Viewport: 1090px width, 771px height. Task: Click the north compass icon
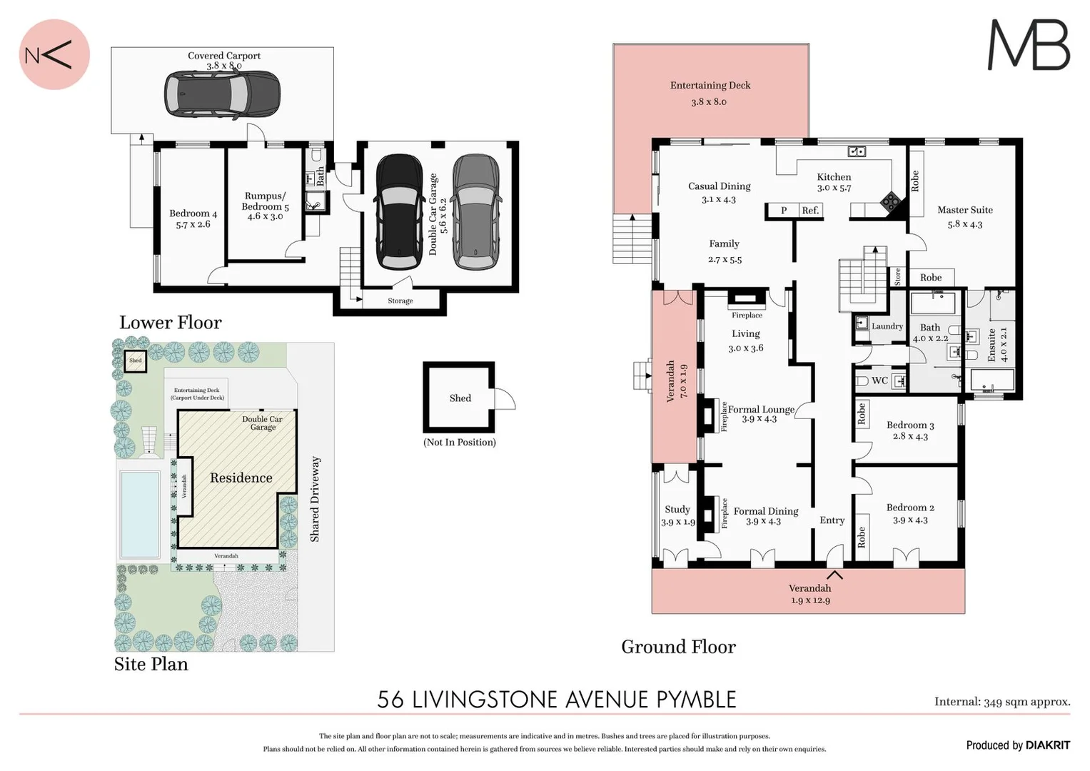tap(54, 55)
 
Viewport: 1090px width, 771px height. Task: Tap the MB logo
tap(1028, 45)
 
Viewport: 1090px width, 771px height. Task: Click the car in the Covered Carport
tap(221, 94)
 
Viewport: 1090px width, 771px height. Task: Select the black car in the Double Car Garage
tap(400, 212)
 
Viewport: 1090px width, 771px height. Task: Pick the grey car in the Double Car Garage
tap(476, 212)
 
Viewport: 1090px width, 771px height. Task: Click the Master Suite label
tap(964, 210)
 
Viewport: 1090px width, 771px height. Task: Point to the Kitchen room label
tap(834, 177)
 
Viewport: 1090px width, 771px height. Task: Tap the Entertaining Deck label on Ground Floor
tap(710, 86)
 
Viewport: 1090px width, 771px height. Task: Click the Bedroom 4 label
tap(193, 213)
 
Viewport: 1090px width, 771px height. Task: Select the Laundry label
tap(887, 326)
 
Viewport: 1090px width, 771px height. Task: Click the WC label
tap(879, 381)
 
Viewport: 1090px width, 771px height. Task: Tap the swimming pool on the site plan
tap(140, 514)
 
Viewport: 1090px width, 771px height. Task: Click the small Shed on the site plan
tap(135, 361)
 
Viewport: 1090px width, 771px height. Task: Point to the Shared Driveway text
tap(315, 499)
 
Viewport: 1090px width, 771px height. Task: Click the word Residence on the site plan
tap(241, 478)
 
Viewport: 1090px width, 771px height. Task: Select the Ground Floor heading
tap(678, 647)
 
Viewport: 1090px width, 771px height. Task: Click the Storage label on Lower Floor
tap(400, 301)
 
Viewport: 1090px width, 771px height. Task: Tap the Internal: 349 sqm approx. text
tap(1001, 702)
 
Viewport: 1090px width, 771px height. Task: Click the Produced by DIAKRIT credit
tap(1017, 745)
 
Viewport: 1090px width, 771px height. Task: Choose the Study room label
tap(677, 510)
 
